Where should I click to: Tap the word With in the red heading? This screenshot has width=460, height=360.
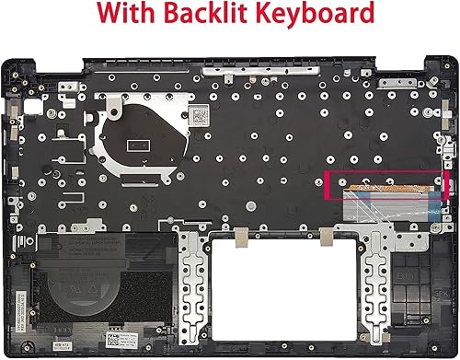[127, 16]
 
